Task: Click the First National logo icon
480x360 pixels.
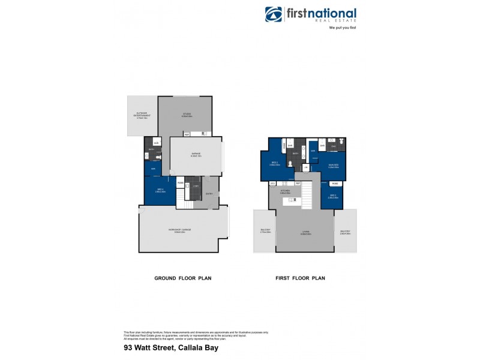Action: click(274, 14)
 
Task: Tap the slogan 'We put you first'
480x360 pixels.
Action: click(343, 28)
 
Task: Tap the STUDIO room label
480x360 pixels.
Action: click(187, 115)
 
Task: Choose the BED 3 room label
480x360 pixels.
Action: click(334, 196)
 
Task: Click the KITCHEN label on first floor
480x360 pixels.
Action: click(285, 191)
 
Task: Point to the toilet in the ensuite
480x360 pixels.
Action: click(340, 142)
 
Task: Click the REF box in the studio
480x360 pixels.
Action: click(187, 134)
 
